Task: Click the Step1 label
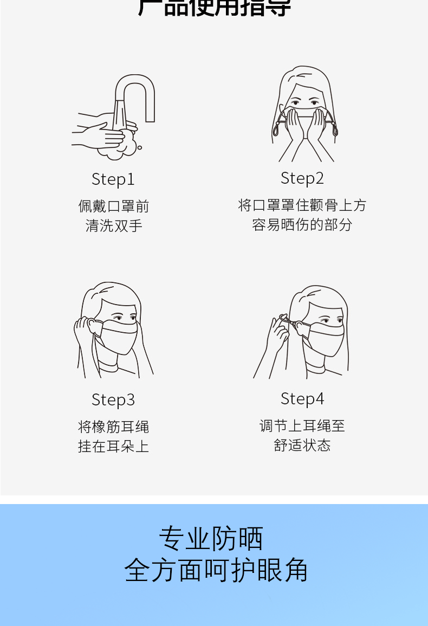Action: tap(113, 179)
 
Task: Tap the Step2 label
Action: tap(302, 178)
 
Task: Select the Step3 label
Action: tap(113, 400)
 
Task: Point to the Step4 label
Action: tap(302, 399)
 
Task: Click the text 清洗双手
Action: tap(113, 225)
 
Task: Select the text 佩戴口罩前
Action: tap(113, 206)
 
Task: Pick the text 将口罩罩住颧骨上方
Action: tap(302, 205)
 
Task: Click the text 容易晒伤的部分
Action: tap(302, 224)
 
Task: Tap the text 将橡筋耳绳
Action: tap(113, 427)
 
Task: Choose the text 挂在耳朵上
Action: tap(113, 446)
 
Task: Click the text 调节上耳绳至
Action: tap(302, 426)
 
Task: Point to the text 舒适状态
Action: tap(302, 446)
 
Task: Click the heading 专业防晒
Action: tap(211, 539)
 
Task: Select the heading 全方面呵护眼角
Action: tap(216, 570)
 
